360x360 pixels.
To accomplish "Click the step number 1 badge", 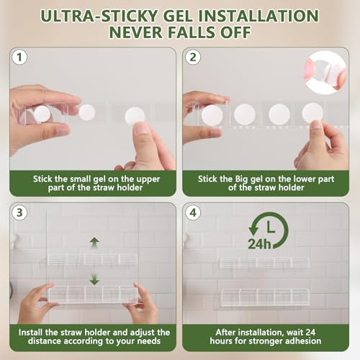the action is (x=19, y=58).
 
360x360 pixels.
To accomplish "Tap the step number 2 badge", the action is (x=193, y=58).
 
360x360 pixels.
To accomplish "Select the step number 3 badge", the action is (x=19, y=212).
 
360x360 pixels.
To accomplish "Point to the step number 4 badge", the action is (x=193, y=212).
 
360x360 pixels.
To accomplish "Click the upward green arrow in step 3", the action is (x=94, y=243).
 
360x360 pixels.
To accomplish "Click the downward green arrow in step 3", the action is (x=94, y=279).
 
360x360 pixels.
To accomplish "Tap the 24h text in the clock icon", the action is (x=259, y=244).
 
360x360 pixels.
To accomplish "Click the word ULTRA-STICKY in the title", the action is (x=99, y=16).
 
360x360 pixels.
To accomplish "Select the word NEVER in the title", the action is (x=136, y=32).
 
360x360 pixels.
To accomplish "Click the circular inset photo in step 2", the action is (x=325, y=73).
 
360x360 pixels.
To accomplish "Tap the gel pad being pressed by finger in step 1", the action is (x=135, y=117).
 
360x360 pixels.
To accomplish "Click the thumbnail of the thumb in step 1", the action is (x=141, y=129).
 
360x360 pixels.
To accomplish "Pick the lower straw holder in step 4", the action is (x=265, y=297).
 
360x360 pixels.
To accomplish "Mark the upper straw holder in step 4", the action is (x=264, y=263).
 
